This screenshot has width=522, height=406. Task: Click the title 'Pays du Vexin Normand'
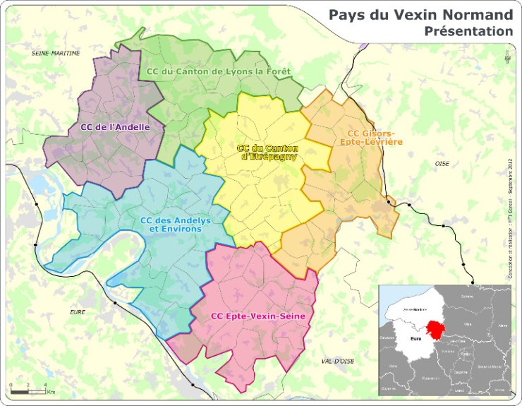[x=420, y=15]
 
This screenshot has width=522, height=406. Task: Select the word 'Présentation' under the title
[x=468, y=31]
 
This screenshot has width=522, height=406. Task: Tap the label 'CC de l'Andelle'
[x=115, y=127]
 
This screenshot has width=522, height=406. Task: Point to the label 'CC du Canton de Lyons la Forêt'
[x=219, y=71]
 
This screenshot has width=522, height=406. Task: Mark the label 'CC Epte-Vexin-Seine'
[x=258, y=316]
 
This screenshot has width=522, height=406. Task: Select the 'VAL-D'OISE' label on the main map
[x=336, y=361]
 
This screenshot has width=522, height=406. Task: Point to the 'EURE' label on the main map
[x=77, y=311]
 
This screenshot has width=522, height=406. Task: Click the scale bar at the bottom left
[x=28, y=391]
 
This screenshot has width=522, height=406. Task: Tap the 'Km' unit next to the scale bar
[x=51, y=392]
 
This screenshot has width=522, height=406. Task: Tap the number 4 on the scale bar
[x=45, y=385]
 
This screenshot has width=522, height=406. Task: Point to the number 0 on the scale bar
[x=11, y=385]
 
